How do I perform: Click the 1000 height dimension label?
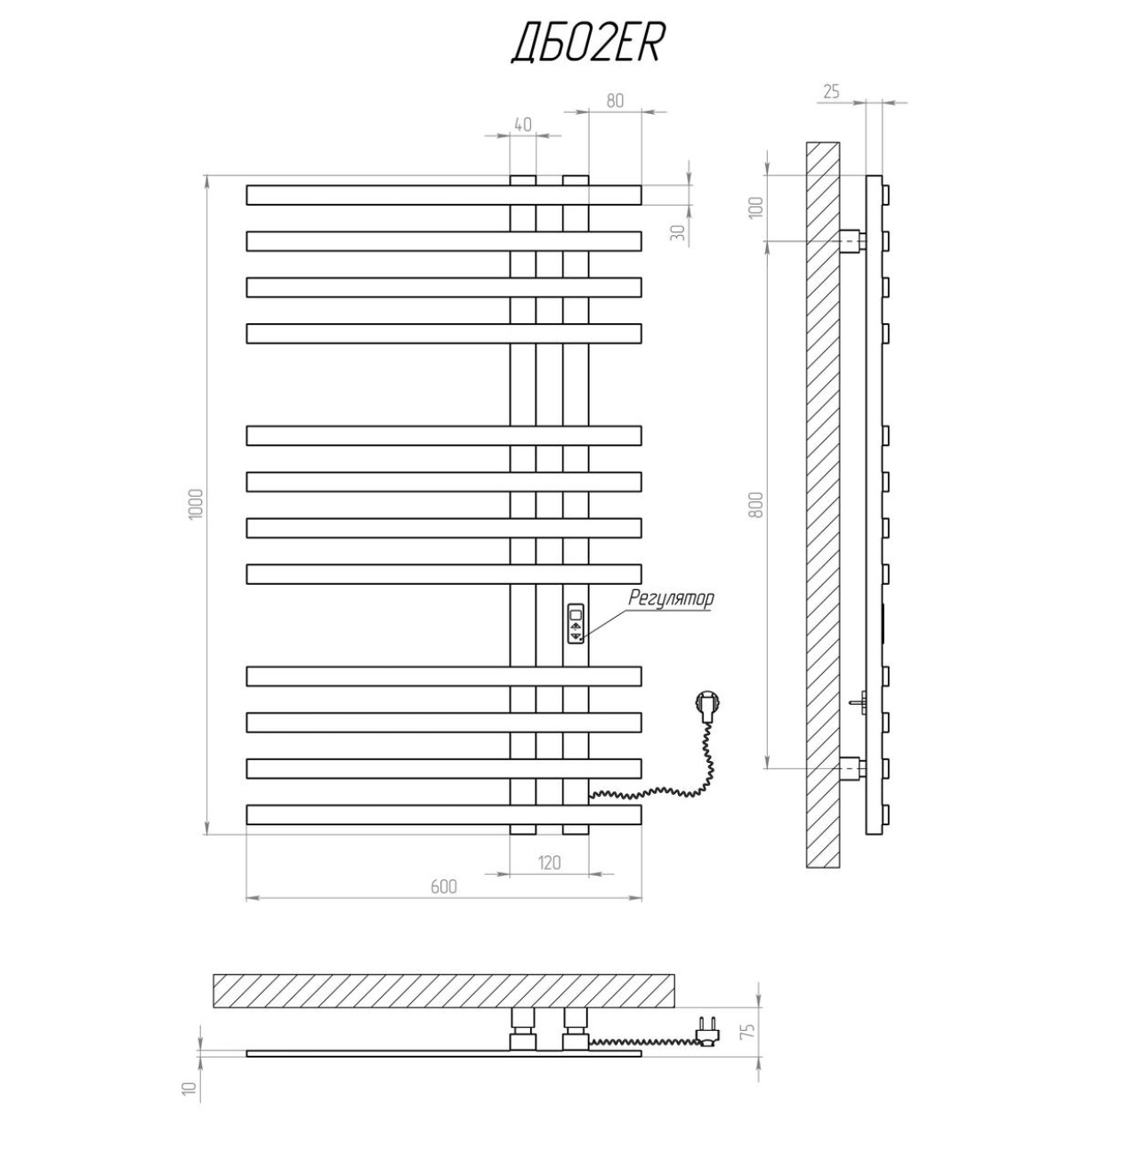[197, 504]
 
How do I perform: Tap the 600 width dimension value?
[444, 887]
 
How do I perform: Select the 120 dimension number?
[549, 863]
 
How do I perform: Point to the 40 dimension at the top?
[523, 125]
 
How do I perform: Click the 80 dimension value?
[615, 101]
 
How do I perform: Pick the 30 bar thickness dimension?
[678, 233]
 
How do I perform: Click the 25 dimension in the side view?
[832, 92]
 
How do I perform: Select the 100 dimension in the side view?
[756, 207]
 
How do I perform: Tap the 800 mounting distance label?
[756, 505]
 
